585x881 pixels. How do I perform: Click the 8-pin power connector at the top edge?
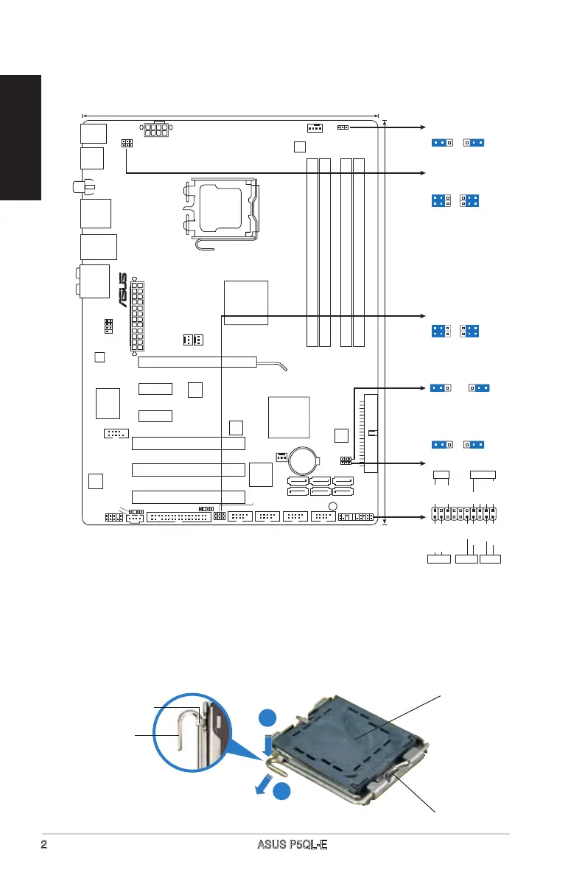[x=155, y=130]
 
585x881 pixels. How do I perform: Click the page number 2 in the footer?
[x=44, y=844]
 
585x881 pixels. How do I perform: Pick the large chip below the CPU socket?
[x=247, y=301]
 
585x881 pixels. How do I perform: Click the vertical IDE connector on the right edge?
[x=371, y=433]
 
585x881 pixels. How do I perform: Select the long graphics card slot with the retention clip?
[x=197, y=362]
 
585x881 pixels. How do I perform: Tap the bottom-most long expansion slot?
[x=188, y=496]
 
